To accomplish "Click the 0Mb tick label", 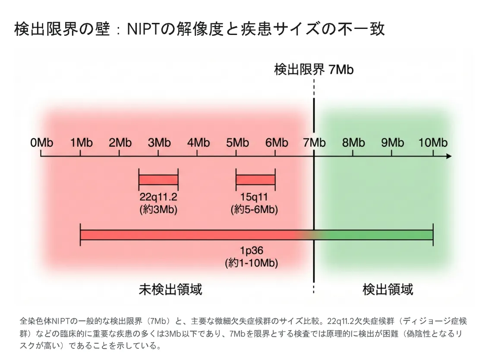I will [41, 142].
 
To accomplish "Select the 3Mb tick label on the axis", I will [159, 142].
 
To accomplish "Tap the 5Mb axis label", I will [237, 142].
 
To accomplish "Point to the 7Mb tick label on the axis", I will [314, 142].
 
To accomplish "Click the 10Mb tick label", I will [433, 142].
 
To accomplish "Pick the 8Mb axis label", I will [353, 142].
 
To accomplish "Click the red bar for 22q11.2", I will [158, 180].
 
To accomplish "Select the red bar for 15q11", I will [255, 180].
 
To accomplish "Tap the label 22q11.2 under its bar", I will [158, 198].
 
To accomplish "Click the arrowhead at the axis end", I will [448, 156].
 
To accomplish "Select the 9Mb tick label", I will [393, 142].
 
